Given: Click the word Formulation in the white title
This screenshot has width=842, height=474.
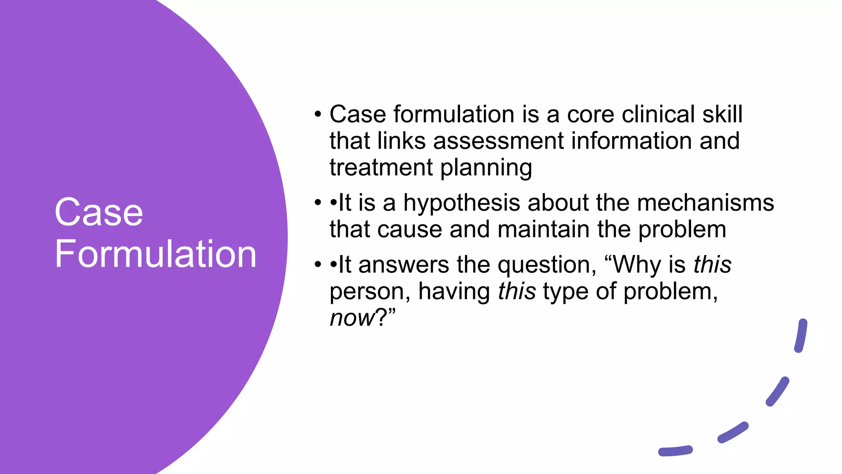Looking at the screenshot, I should pos(155,254).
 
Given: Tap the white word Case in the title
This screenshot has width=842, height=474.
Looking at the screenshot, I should pos(99,212).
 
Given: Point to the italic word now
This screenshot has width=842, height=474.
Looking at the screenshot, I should pos(353,318).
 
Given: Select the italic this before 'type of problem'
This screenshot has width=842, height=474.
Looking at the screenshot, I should pos(517,291).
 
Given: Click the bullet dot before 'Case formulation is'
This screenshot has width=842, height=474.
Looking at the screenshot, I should pos(317,114).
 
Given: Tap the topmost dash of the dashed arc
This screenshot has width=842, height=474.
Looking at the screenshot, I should pos(801,335).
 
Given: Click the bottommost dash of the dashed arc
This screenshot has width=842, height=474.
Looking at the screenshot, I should pos(675,451).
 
